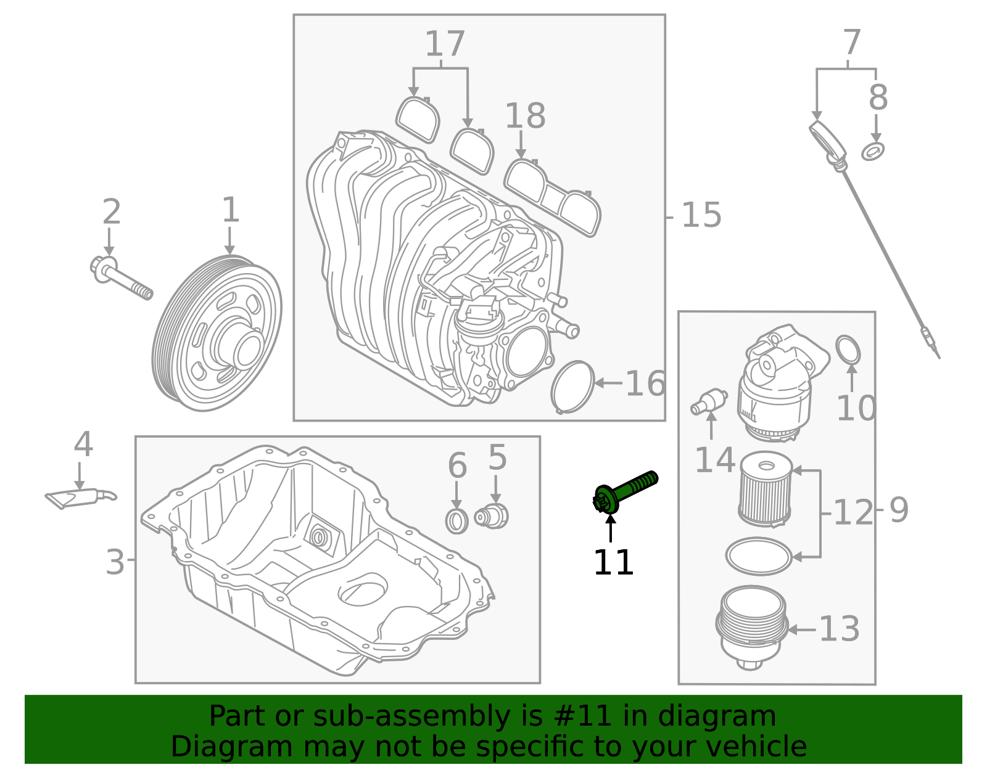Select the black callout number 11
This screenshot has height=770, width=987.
point(613,563)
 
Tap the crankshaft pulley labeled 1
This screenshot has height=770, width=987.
point(217,334)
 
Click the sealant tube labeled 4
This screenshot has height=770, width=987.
point(80,497)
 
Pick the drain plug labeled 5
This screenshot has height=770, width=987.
point(492,516)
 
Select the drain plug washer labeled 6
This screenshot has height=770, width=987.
point(456,522)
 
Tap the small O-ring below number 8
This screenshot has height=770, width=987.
point(872,151)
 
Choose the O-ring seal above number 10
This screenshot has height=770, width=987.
point(848,350)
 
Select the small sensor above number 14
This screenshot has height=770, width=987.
point(709,402)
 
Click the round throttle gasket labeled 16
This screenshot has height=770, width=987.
point(572,387)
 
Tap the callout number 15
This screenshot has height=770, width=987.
point(701,216)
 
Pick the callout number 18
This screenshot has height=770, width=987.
point(525,117)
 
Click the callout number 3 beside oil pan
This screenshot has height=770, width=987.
point(115,562)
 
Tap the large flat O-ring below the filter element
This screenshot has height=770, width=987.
point(759,557)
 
